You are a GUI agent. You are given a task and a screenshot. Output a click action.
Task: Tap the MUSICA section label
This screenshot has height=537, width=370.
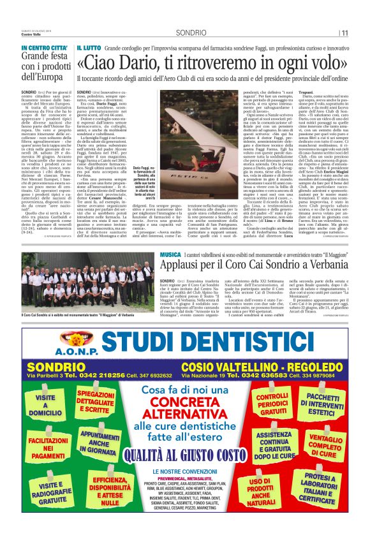170,254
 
